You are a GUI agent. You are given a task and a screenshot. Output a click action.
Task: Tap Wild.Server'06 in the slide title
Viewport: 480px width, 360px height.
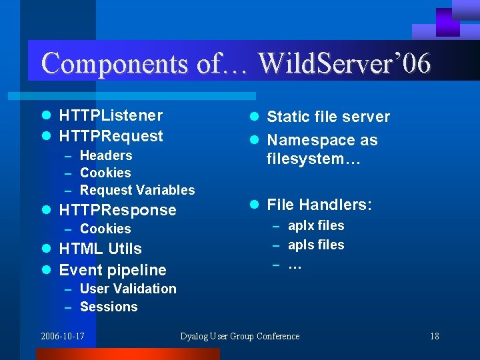point(344,63)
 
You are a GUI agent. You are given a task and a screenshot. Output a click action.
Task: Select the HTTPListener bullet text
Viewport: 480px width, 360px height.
point(111,115)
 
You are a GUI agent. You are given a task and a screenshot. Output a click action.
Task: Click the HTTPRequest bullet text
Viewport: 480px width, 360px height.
point(111,136)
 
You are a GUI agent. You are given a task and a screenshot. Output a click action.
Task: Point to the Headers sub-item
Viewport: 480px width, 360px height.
point(106,155)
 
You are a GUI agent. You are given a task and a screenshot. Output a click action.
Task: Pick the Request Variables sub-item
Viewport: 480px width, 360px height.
point(137,190)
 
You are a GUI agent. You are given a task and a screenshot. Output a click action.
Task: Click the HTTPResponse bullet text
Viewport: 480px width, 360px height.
point(117,210)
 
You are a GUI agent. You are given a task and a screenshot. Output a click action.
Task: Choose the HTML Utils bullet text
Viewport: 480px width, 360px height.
point(100,249)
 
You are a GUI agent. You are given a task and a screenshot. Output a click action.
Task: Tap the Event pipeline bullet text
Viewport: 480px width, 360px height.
point(113,270)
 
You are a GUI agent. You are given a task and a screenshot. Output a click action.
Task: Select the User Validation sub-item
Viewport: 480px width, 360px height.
point(128,289)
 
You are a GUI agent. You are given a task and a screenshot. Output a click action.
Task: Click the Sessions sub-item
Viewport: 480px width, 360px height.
point(109,307)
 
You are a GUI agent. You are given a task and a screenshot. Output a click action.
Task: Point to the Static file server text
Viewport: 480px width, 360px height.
point(328,117)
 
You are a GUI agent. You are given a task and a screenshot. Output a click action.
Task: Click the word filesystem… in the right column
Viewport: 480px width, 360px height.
point(313,159)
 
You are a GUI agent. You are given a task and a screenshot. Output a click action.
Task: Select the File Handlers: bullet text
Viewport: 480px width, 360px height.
point(319,205)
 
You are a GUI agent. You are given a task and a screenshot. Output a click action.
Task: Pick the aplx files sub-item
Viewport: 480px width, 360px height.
point(316,225)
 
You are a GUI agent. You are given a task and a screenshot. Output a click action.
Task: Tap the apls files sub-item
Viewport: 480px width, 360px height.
point(316,245)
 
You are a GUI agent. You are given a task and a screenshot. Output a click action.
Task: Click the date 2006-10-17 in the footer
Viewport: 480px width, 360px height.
point(63,336)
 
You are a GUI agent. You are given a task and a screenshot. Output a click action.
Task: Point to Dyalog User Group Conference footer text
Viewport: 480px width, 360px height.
point(240,336)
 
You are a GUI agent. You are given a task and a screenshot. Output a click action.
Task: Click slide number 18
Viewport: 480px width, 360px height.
point(435,336)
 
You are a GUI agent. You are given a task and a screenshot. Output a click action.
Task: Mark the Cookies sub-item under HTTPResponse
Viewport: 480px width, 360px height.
point(105,229)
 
